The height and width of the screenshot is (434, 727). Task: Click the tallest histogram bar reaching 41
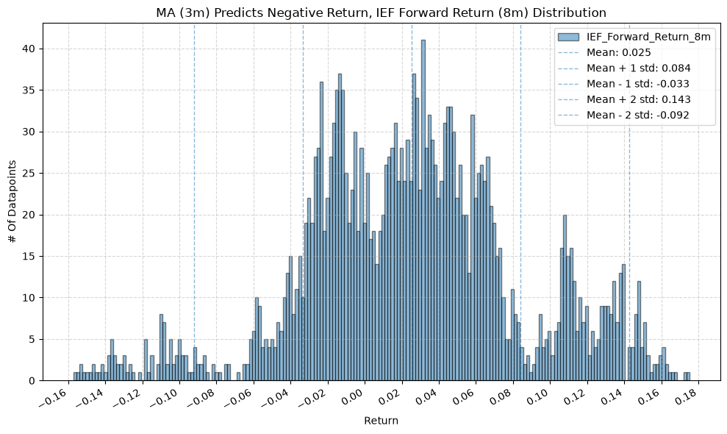[423, 210]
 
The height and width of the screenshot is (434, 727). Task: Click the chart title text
[381, 13]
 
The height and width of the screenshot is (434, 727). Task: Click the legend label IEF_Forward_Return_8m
[648, 37]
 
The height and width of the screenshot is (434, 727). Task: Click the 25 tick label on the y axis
[32, 174]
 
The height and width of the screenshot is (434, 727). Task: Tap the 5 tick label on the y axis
[35, 339]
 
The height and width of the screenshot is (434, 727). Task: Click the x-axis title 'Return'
[381, 421]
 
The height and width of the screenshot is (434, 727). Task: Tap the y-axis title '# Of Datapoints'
[12, 202]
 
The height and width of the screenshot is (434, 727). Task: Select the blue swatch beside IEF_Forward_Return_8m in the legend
[568, 37]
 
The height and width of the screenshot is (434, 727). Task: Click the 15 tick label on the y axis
[32, 257]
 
